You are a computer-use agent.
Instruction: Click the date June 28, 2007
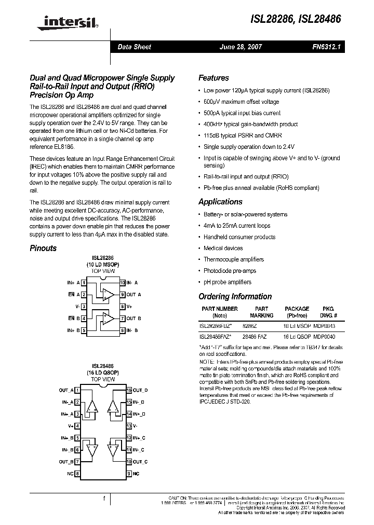[x=241, y=47]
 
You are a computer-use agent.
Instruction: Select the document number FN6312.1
[x=326, y=47]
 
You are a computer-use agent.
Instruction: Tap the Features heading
[x=213, y=78]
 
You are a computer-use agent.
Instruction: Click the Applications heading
[x=220, y=202]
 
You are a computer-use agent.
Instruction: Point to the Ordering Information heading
[x=235, y=297]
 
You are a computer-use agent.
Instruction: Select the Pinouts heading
[x=43, y=248]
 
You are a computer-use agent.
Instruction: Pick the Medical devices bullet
[x=223, y=248]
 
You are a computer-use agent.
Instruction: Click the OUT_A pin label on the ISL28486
[x=66, y=390]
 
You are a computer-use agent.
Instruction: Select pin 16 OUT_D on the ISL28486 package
[x=137, y=390]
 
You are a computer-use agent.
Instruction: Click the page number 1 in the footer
[x=105, y=499]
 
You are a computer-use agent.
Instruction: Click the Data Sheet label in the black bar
[x=134, y=47]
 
